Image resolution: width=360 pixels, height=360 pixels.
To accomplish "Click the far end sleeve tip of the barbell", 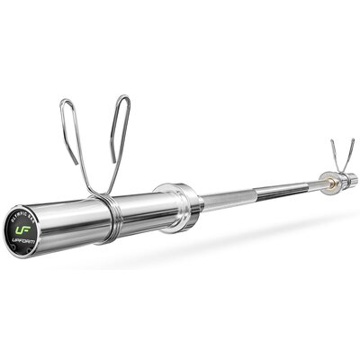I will (352, 180).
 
